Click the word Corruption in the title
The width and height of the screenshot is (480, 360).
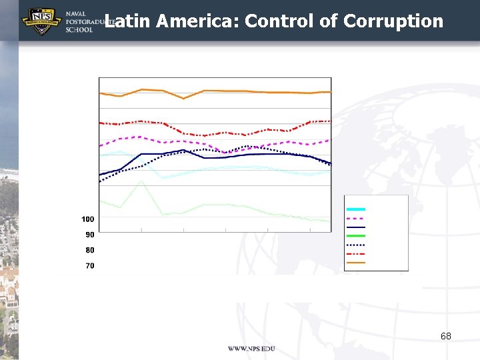point(393,21)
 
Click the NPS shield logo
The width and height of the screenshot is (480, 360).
point(42,21)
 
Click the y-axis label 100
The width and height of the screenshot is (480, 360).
point(87,219)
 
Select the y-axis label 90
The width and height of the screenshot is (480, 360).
point(89,235)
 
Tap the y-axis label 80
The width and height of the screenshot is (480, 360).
point(89,250)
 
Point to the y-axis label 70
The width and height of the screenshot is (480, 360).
point(89,266)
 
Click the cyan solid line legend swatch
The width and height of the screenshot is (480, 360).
point(355,209)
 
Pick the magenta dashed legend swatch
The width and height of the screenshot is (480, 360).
point(355,218)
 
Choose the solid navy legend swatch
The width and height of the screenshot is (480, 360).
point(355,227)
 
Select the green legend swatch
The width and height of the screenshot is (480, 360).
point(355,236)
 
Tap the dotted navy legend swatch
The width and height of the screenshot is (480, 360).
point(355,245)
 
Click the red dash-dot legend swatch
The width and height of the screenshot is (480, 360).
point(355,254)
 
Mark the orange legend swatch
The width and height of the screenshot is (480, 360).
point(355,263)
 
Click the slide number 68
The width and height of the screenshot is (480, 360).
point(445,336)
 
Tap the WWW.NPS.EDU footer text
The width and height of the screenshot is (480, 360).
point(251,349)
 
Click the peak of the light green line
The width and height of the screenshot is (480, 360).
point(141,181)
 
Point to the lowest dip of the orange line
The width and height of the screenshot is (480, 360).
point(184,99)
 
